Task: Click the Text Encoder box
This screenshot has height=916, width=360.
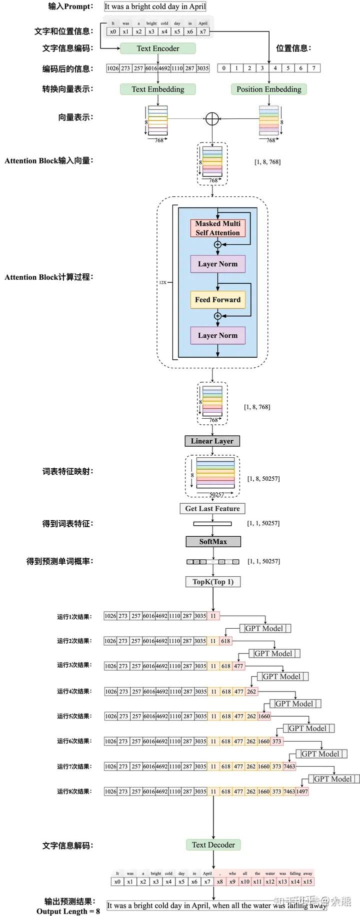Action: (x=157, y=48)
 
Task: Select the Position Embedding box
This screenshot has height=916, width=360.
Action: (x=268, y=89)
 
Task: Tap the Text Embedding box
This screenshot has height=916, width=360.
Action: (x=157, y=89)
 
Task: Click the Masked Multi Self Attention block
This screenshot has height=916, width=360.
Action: (x=217, y=228)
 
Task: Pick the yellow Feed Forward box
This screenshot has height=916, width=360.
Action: (x=217, y=300)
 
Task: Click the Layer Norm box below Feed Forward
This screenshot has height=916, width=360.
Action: (x=217, y=335)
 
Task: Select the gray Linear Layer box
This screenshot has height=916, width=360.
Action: (x=212, y=441)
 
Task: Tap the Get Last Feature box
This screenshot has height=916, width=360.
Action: (x=212, y=508)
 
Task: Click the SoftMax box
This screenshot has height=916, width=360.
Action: (x=213, y=542)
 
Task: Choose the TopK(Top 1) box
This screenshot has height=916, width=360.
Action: (x=213, y=582)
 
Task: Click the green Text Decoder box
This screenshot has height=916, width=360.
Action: (x=213, y=845)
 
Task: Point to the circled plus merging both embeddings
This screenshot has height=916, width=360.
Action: (x=212, y=118)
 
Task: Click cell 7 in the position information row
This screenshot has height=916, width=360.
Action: (x=313, y=68)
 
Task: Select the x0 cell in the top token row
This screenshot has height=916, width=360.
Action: (x=113, y=31)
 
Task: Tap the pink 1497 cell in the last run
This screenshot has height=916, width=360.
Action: (x=302, y=791)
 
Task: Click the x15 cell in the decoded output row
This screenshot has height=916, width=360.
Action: (x=307, y=882)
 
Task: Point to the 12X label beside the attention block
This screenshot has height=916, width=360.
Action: (x=163, y=282)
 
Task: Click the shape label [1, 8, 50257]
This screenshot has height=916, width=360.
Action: (x=263, y=479)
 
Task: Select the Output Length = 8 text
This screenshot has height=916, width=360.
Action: (x=68, y=911)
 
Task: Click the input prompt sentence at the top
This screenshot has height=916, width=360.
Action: (x=155, y=7)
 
